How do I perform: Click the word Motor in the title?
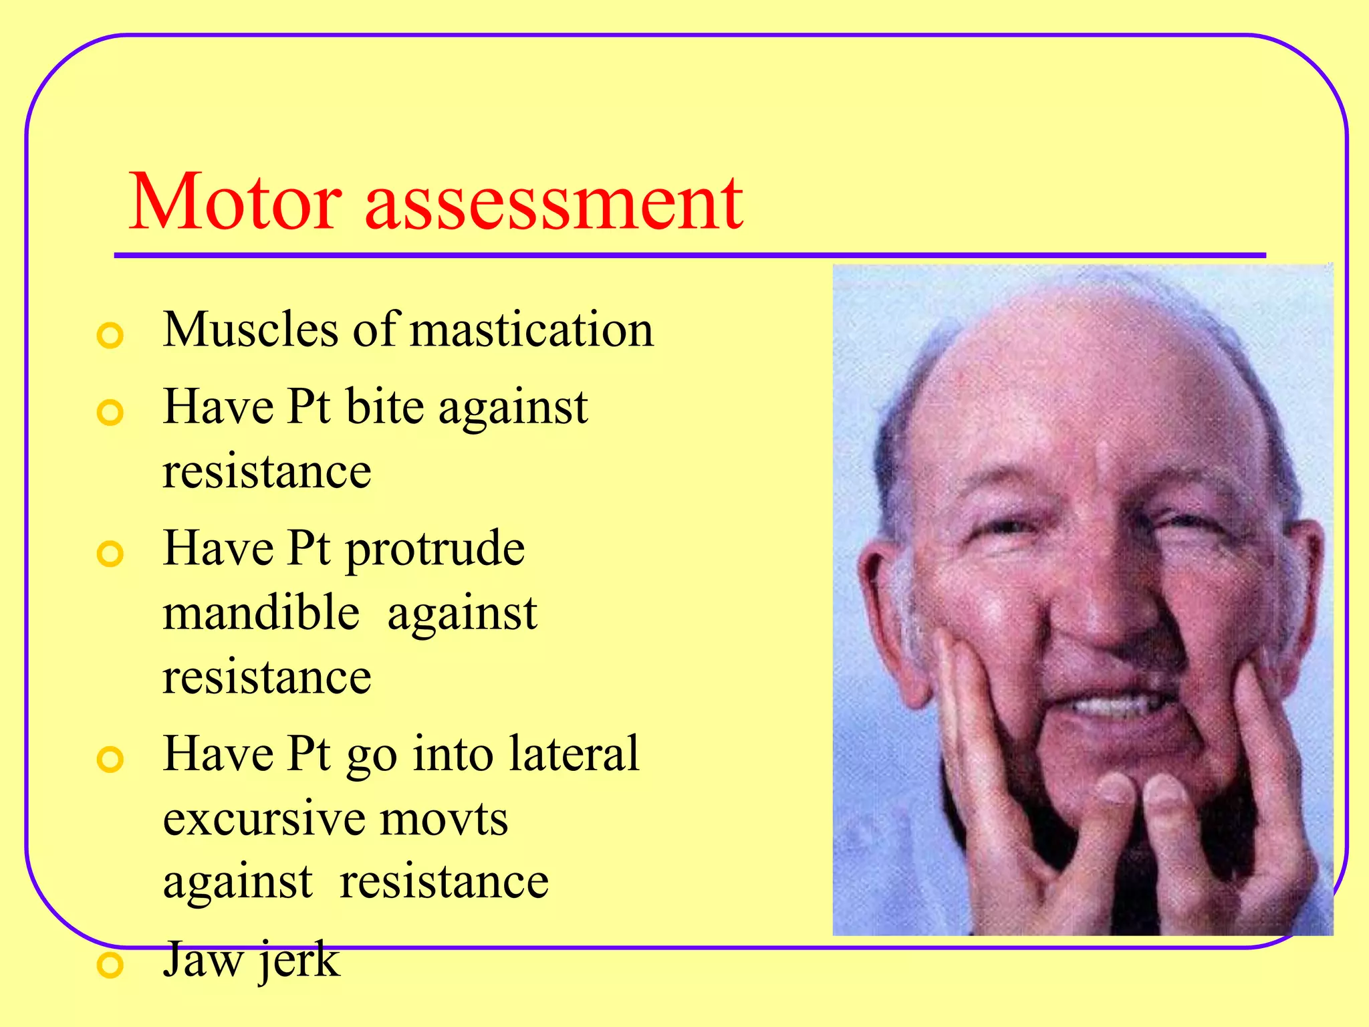pyautogui.click(x=235, y=202)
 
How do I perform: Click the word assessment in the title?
pyautogui.click(x=553, y=202)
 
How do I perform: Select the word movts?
pyautogui.click(x=444, y=818)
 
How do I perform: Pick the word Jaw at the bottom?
pyautogui.click(x=203, y=959)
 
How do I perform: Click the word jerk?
pyautogui.click(x=299, y=960)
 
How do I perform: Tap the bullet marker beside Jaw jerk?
pyautogui.click(x=110, y=965)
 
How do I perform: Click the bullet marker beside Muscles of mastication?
pyautogui.click(x=110, y=335)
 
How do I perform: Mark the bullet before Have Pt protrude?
pyautogui.click(x=110, y=554)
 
